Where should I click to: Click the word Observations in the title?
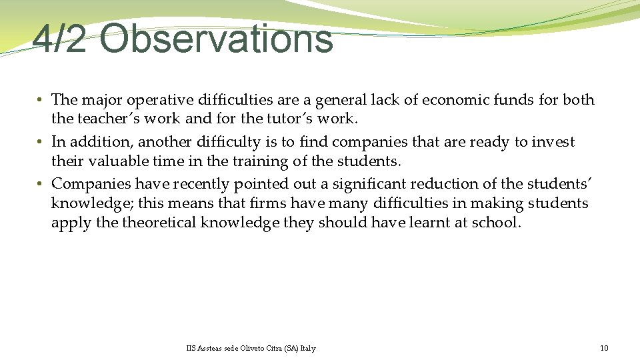[x=216, y=39]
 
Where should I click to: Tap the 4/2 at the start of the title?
[x=59, y=39]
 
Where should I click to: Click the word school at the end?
[x=496, y=222]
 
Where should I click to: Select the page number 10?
[x=604, y=348]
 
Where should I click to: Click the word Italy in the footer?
[x=308, y=348]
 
